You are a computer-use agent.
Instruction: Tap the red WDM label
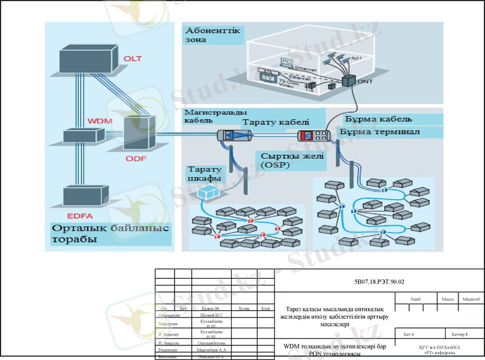pyautogui.click(x=95, y=121)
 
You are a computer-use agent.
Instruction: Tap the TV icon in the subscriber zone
pyautogui.click(x=267, y=78)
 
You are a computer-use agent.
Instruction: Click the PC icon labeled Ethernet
pyautogui.click(x=287, y=62)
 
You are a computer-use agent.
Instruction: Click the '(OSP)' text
pyautogui.click(x=276, y=165)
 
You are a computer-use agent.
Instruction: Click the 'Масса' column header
pyautogui.click(x=447, y=299)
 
